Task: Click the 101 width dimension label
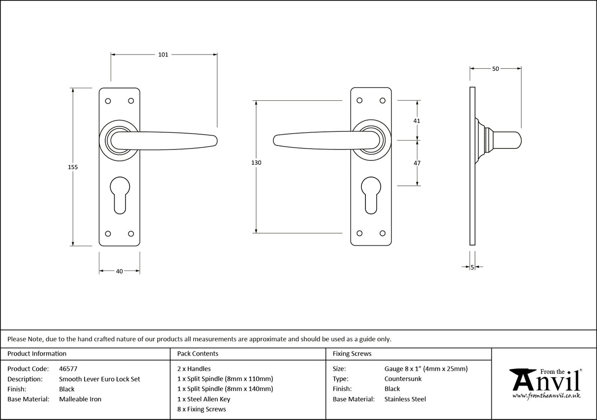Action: tap(163, 55)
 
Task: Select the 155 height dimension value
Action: tap(73, 167)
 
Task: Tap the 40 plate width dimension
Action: tap(119, 271)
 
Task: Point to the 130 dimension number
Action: tap(256, 163)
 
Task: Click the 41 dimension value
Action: tap(417, 120)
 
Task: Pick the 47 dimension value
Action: tap(417, 163)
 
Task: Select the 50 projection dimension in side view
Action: tap(495, 69)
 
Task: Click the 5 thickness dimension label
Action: tap(472, 267)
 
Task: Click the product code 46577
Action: tap(68, 368)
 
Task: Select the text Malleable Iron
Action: tap(80, 399)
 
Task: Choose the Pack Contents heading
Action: tap(198, 354)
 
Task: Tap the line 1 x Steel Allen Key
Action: tap(204, 399)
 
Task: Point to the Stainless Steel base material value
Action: tap(405, 399)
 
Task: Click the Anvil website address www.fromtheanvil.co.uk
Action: tap(546, 395)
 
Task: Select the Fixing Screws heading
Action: tap(352, 354)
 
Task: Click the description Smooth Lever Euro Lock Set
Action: tap(99, 379)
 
